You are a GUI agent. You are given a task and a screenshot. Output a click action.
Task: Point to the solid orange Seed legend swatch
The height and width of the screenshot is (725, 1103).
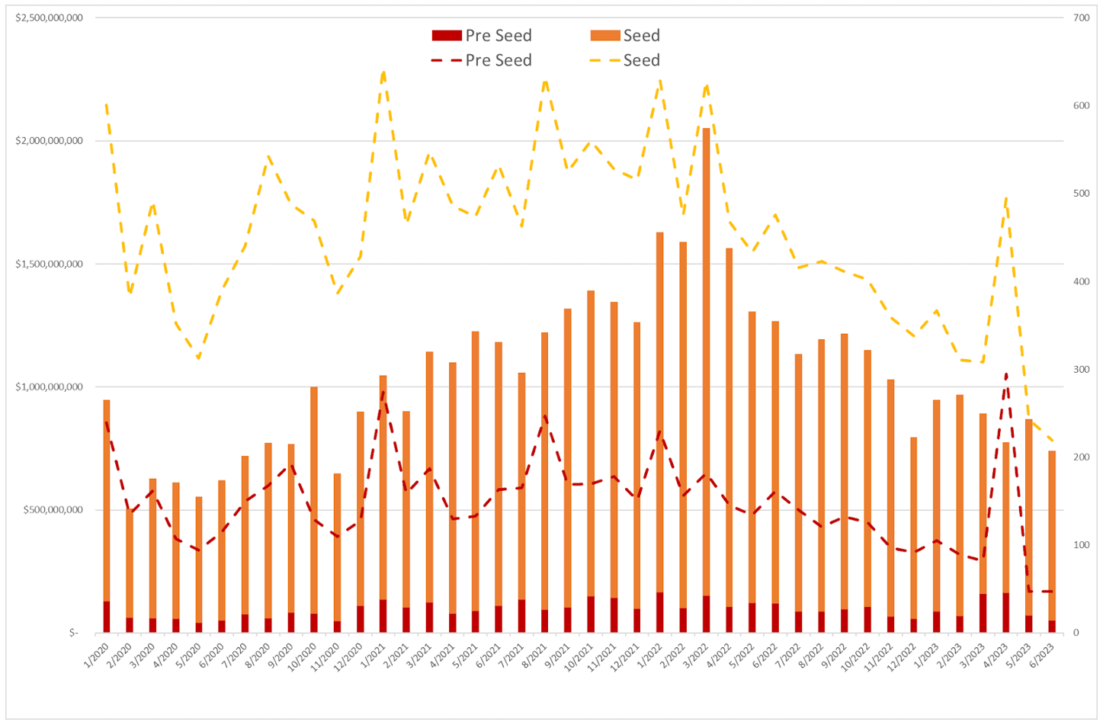click(604, 36)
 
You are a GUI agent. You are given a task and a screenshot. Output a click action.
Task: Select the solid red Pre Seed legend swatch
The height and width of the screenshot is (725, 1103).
click(447, 36)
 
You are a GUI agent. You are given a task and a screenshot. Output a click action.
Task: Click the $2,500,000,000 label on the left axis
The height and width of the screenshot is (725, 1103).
click(50, 18)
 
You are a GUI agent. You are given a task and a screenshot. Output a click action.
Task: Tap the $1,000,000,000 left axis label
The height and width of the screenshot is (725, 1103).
click(50, 387)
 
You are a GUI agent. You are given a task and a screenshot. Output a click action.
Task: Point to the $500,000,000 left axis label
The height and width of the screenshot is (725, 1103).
click(53, 510)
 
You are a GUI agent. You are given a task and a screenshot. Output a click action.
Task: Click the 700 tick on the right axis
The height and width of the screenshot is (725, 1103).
click(1081, 18)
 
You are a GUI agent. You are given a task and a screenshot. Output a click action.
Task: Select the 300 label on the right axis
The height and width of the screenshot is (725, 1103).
click(1081, 369)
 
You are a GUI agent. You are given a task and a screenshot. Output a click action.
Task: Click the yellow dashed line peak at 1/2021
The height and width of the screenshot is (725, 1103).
click(383, 72)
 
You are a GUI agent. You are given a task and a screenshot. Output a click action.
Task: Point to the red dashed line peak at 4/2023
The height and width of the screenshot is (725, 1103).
click(1006, 374)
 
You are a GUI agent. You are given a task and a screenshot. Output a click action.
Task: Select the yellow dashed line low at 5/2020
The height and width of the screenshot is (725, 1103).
click(198, 358)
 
